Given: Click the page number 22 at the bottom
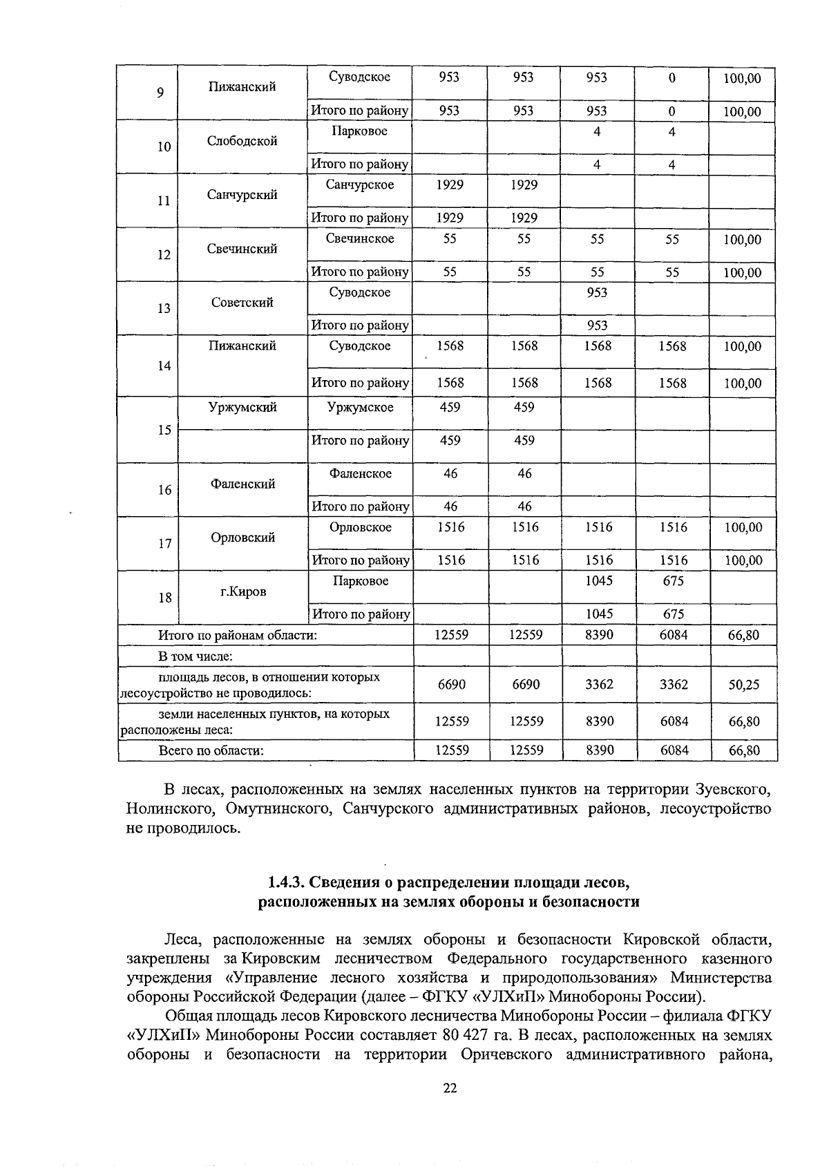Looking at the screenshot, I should tap(450, 1088).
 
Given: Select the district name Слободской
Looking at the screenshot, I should tap(242, 141).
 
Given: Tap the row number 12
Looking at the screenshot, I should tap(164, 254).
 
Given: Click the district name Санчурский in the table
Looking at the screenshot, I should tap(242, 195).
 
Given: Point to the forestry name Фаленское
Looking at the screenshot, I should tap(360, 473).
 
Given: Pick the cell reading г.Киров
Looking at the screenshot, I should tap(242, 592).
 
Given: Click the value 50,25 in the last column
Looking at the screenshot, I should tap(743, 685).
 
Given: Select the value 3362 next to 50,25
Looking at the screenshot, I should tap(674, 685).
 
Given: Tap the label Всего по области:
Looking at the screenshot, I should tap(211, 750).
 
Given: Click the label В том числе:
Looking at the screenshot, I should tap(196, 656).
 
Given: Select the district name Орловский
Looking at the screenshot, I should tap(242, 538).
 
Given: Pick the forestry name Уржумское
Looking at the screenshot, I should tap(360, 407).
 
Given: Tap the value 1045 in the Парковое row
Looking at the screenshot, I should tap(598, 581).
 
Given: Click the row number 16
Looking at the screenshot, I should tap(164, 490).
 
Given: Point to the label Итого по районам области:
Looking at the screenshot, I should tap(238, 635).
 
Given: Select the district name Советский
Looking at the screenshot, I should tap(242, 303).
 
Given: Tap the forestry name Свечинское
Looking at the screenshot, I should tap(360, 238).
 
